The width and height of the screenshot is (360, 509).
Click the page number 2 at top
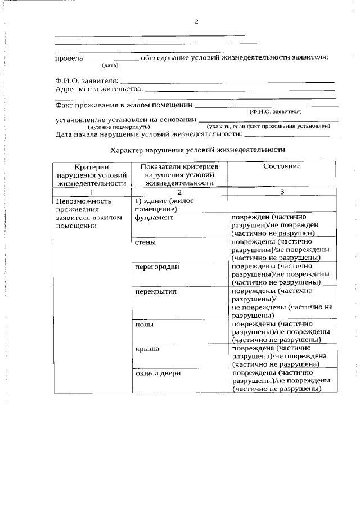196,22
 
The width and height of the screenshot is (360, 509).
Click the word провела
69,58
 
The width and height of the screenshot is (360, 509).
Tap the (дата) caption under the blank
110,66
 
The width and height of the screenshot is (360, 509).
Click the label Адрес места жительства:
98,89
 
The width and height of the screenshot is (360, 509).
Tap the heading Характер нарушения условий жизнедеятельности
197,150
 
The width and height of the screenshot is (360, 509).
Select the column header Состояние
281,166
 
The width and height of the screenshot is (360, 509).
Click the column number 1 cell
91,192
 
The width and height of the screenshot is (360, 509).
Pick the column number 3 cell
281,192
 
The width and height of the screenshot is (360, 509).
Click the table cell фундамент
154,218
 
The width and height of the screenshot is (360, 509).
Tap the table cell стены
145,242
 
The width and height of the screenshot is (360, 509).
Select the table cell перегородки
157,267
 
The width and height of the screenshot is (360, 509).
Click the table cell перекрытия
156,291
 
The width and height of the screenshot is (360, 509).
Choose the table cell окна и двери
157,373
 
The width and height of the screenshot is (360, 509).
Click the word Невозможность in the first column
80,201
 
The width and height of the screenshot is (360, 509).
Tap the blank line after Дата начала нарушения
291,136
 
